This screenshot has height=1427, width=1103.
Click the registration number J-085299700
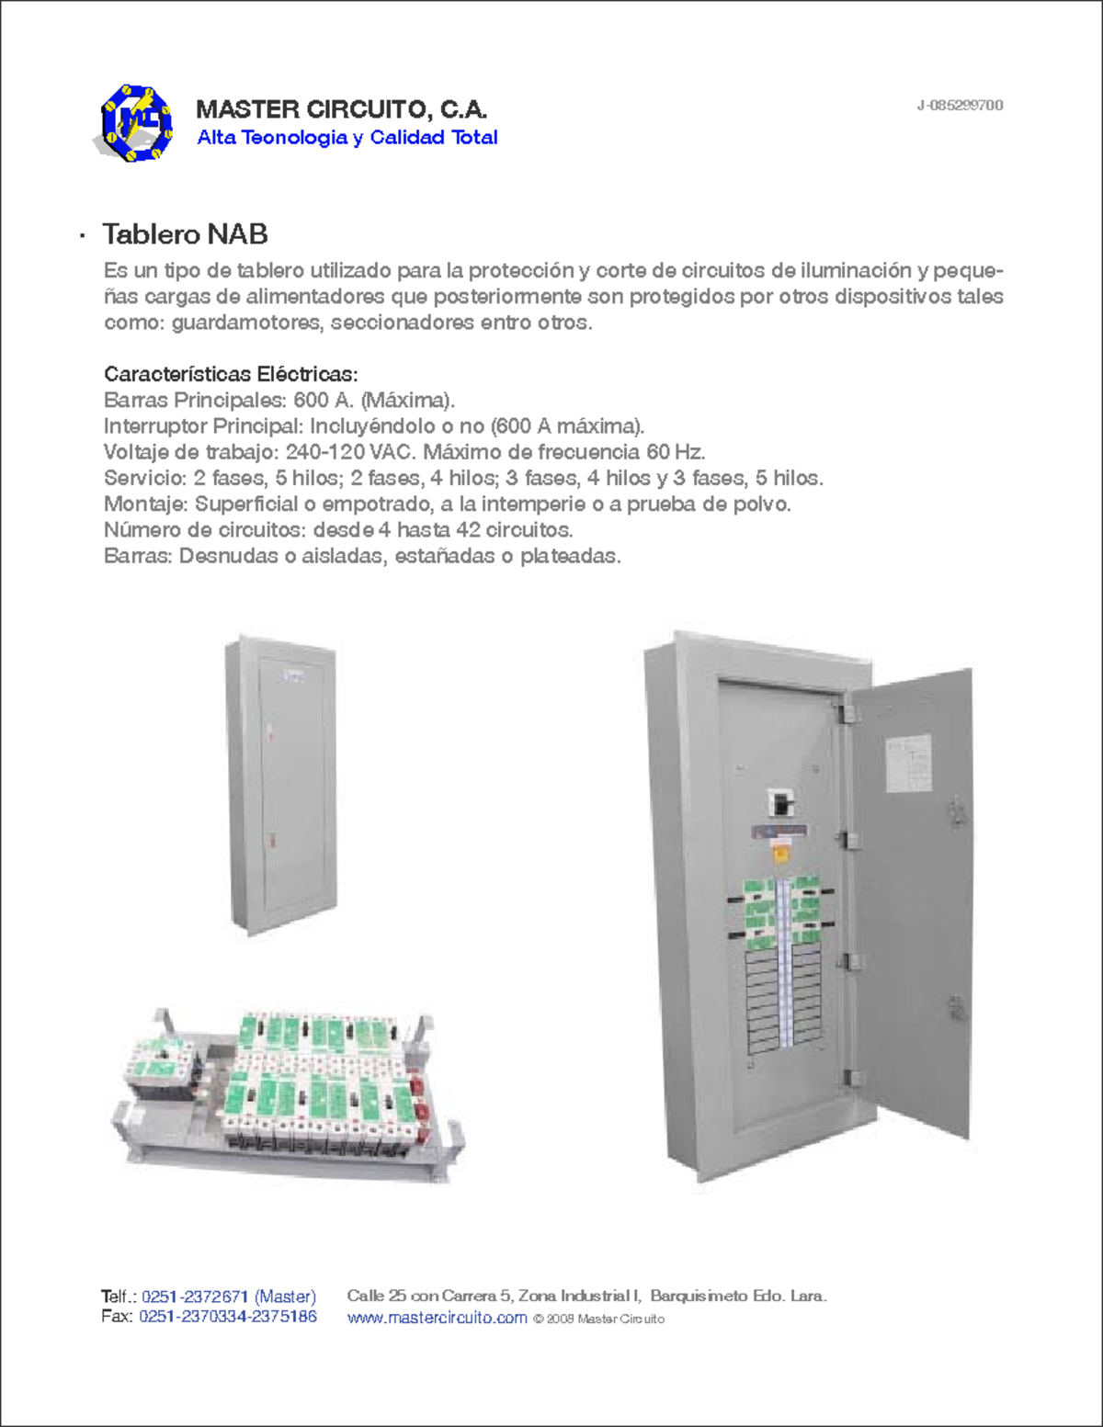959,105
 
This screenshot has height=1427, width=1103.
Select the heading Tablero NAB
185,234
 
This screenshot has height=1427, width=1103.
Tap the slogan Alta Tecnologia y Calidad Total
347,138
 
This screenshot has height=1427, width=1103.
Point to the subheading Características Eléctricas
230,374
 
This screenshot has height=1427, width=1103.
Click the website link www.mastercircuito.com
437,1319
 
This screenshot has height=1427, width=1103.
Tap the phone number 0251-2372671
195,1297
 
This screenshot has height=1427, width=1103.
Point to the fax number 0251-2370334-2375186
228,1317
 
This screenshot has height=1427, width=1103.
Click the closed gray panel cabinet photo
281,786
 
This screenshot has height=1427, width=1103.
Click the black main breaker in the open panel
781,803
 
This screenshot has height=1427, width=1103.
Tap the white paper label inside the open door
908,764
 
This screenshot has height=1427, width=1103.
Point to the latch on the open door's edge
957,810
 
